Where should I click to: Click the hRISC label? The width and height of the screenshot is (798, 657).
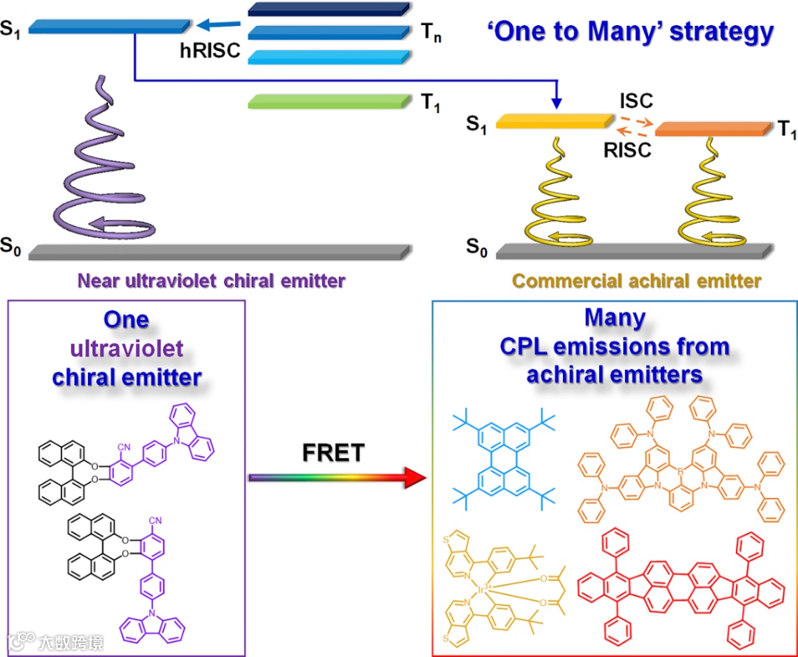click(210, 52)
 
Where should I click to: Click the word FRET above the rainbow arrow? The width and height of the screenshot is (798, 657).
click(333, 452)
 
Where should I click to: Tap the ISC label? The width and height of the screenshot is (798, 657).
click(636, 101)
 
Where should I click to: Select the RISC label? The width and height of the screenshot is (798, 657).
click(627, 150)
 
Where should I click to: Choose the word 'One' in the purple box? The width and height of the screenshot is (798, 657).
click(126, 320)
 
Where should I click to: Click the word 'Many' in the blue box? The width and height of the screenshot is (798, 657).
click(615, 319)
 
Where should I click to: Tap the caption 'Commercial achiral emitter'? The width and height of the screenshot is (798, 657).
click(636, 281)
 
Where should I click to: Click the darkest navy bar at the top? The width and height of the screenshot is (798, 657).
click(329, 9)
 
